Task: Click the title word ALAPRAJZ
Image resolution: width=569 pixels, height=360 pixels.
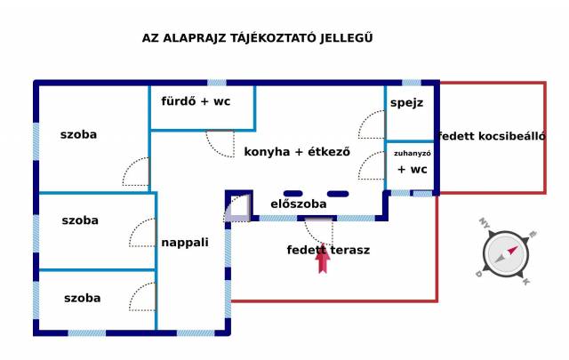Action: pos(194,38)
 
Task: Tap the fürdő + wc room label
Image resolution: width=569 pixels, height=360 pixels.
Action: pos(196,101)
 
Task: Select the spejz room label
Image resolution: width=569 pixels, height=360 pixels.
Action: pos(406,103)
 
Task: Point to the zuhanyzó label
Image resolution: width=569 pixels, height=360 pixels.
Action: pos(413,154)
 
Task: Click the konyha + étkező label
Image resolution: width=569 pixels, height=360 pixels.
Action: pos(297,152)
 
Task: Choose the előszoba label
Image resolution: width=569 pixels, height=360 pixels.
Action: pos(299,204)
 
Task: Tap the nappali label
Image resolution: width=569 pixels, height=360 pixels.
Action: pos(185,243)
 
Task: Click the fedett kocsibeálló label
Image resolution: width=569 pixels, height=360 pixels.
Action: pos(492,136)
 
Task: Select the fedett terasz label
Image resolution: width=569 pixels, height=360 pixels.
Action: pos(328,250)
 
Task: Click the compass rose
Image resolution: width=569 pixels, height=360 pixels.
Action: pos(506,254)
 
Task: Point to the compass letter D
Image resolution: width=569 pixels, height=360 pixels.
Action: pos(479,274)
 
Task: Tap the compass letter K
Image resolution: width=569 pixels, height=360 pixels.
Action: pos(525,281)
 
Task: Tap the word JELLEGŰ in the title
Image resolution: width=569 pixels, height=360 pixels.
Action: pos(346,38)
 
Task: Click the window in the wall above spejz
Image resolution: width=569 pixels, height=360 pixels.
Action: pos(412,83)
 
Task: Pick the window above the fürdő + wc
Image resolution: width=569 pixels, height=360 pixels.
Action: pos(217,83)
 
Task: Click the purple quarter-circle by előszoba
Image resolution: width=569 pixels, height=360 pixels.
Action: pos(236,209)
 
